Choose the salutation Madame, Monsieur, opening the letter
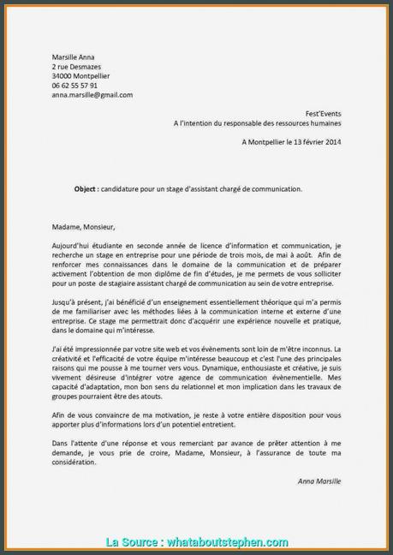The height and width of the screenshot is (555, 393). (82, 227)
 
